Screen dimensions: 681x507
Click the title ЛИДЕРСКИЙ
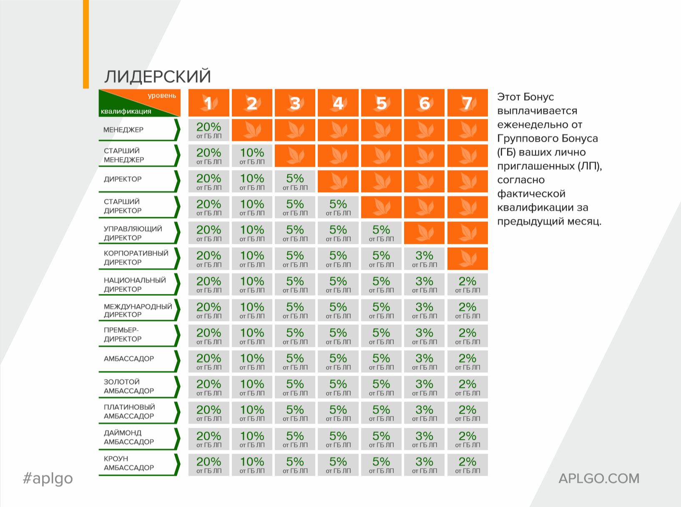(x=158, y=76)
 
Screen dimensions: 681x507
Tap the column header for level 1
(x=209, y=103)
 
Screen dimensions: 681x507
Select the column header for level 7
(x=467, y=103)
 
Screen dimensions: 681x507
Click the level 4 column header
(x=338, y=103)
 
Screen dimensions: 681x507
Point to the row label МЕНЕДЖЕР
(x=123, y=130)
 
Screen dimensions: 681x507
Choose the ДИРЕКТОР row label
(x=123, y=179)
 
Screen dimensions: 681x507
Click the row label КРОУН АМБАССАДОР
(x=128, y=463)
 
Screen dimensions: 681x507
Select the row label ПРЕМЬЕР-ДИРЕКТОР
(x=123, y=334)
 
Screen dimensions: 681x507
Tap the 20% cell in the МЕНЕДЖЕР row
(x=209, y=130)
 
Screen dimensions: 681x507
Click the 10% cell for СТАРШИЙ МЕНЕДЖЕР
(x=252, y=156)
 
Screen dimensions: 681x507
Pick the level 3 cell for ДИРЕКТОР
(x=295, y=181)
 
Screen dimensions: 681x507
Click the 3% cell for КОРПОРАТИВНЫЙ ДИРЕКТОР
(x=424, y=259)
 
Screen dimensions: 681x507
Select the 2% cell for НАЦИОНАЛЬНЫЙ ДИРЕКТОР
(x=467, y=284)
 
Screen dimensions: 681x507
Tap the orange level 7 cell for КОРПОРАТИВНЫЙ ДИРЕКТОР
(x=467, y=259)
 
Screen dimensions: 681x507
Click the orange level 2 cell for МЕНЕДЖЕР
(x=252, y=130)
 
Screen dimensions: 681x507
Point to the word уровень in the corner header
(x=162, y=95)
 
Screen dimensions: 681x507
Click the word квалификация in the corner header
(x=126, y=111)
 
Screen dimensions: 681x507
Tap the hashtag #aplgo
(x=48, y=479)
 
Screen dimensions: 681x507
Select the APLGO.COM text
(x=599, y=479)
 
